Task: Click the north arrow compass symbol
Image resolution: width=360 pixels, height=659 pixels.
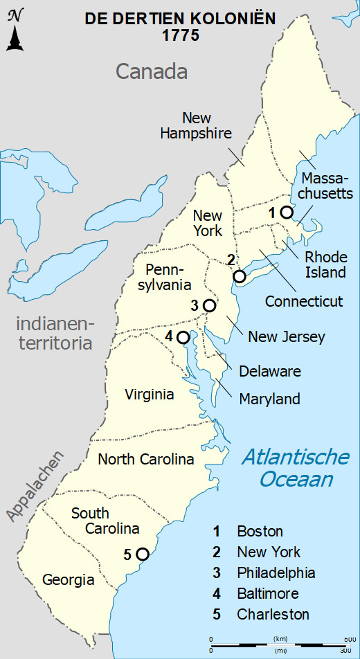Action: point(15,32)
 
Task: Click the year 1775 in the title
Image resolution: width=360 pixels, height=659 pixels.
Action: point(181,36)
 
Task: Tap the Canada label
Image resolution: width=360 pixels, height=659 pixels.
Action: point(152,71)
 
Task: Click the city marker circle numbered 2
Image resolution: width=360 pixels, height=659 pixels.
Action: point(240,276)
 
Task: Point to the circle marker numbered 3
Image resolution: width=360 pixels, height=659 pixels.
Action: point(209,305)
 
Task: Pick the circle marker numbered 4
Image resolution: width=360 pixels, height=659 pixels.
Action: point(183,337)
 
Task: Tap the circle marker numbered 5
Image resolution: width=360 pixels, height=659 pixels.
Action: point(143,553)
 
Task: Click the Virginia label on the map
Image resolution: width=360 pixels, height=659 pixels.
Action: point(150,395)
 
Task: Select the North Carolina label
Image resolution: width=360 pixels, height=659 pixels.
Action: point(145,459)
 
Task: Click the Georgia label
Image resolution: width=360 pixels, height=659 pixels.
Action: point(68,580)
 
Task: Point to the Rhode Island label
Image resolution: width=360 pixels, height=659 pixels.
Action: point(325,264)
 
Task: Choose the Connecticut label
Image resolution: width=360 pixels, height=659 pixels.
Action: point(304,301)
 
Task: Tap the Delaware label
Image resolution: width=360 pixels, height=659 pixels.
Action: point(270,371)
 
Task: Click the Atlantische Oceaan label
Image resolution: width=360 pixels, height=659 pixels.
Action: point(294,468)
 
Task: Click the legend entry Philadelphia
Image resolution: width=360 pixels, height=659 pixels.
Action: point(276,573)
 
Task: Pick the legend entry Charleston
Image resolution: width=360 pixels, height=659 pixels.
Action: point(273,614)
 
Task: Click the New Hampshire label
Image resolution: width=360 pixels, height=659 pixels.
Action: point(196,125)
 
